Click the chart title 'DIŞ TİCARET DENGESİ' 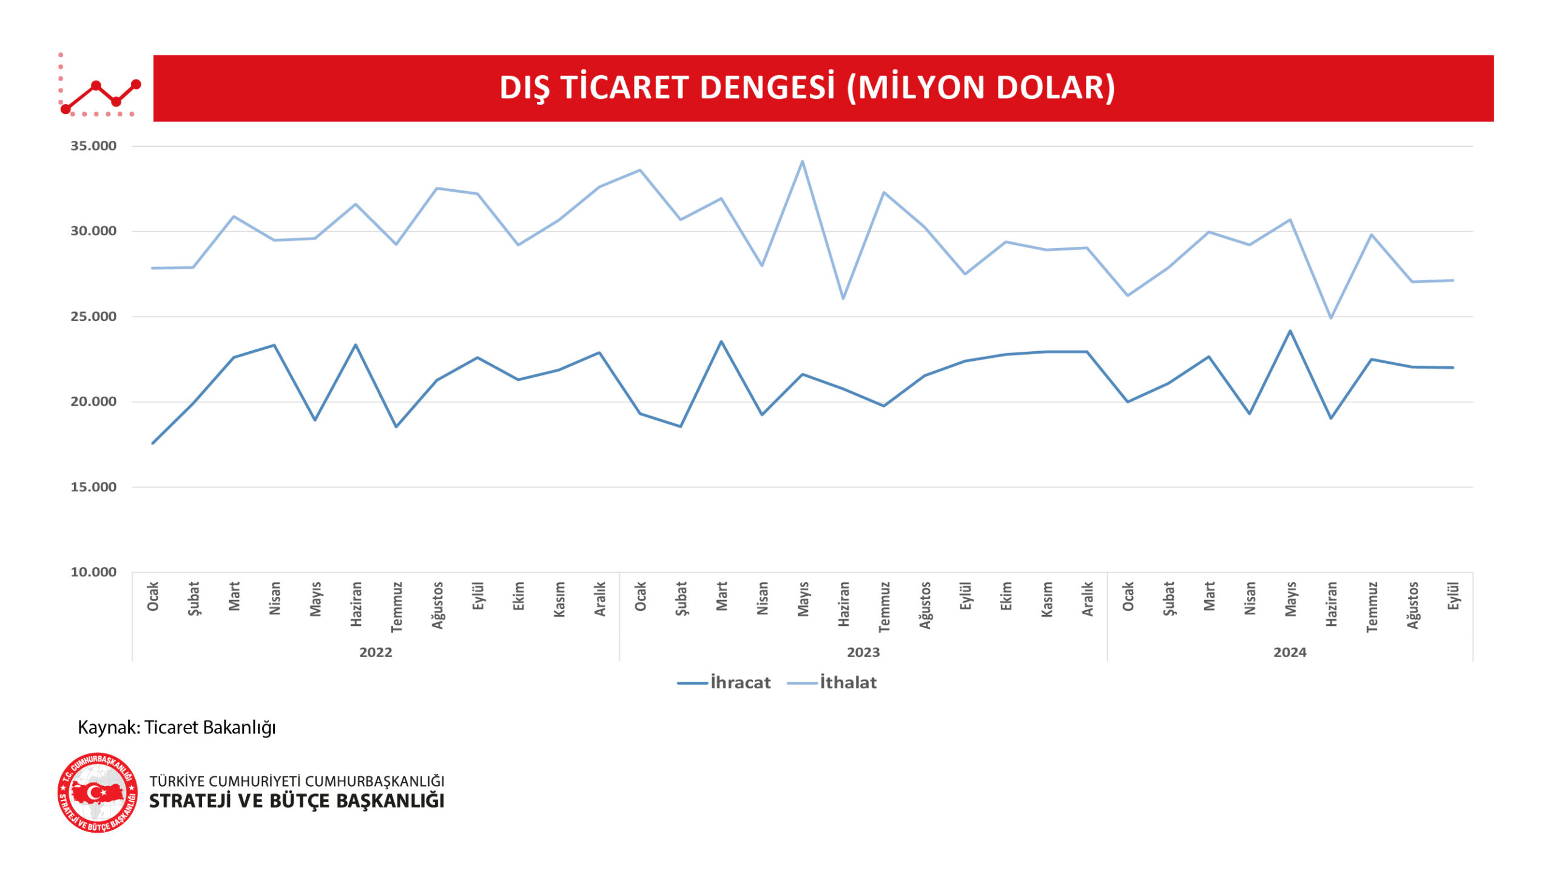(x=807, y=88)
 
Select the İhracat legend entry (x=724, y=682)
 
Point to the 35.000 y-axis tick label (x=93, y=146)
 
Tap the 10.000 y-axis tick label (x=93, y=572)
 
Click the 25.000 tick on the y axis (x=93, y=317)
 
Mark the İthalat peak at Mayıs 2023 (x=802, y=161)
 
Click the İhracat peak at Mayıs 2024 (x=1290, y=331)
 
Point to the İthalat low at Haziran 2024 (x=1330, y=318)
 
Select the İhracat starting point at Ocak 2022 (x=153, y=443)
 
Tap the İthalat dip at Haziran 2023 (x=843, y=298)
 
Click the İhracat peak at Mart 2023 (x=721, y=341)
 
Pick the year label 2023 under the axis (x=863, y=653)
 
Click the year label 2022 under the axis (x=376, y=653)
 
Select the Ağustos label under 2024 (x=1412, y=605)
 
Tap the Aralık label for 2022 (x=600, y=599)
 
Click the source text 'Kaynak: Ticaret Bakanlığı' (x=177, y=727)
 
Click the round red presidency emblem (x=98, y=793)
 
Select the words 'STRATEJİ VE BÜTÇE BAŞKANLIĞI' (x=297, y=801)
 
